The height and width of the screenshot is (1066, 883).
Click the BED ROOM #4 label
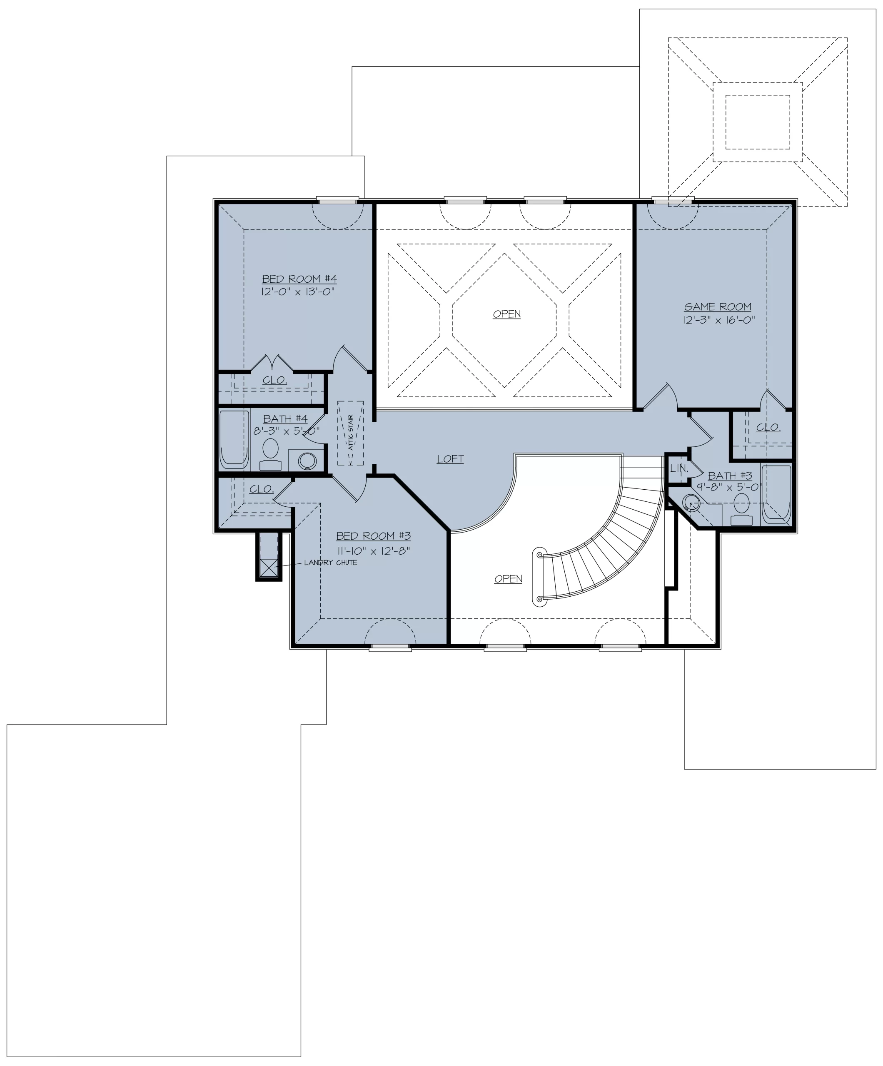(x=299, y=279)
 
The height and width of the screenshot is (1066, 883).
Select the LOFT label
(x=450, y=459)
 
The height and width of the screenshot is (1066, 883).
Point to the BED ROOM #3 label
(x=373, y=535)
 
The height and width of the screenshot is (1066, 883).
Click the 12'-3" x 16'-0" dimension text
(x=718, y=320)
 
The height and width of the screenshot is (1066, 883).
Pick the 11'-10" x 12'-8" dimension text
(x=374, y=551)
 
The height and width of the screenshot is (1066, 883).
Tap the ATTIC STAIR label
(x=350, y=433)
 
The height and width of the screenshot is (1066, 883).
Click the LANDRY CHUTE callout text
(x=331, y=563)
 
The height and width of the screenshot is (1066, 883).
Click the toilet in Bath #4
(x=270, y=454)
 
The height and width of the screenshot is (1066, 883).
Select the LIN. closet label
(x=679, y=468)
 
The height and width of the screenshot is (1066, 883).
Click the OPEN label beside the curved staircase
(x=508, y=579)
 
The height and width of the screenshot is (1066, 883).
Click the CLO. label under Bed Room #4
(x=275, y=380)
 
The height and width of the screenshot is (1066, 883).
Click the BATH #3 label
(x=730, y=476)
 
